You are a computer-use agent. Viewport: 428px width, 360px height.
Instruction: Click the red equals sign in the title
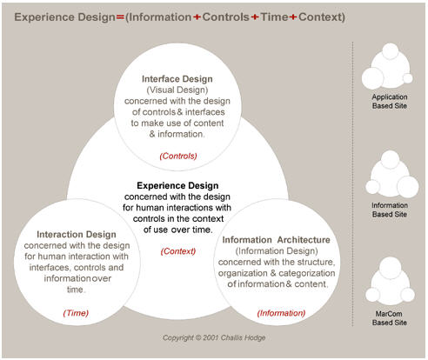coord(120,17)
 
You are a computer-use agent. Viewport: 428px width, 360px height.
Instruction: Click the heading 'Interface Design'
coord(177,79)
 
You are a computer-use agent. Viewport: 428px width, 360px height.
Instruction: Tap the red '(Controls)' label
coord(178,156)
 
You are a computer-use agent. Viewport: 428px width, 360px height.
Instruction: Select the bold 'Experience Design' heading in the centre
coord(177,185)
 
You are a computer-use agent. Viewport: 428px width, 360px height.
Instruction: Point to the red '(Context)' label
coord(178,251)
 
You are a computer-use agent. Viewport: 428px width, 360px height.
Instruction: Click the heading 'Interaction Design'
coord(77,234)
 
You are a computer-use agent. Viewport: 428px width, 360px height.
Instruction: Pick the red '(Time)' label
coord(76,313)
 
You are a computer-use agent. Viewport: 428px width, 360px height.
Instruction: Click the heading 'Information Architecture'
coord(276,240)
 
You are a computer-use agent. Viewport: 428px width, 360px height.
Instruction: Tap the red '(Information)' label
coord(281,313)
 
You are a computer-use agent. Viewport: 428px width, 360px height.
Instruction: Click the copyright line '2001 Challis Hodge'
coord(214,337)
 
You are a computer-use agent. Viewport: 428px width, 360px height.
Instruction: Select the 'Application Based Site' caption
coord(390,102)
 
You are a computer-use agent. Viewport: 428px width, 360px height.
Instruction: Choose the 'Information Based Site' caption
coord(390,210)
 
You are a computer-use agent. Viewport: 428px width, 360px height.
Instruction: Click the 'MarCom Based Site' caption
coord(390,318)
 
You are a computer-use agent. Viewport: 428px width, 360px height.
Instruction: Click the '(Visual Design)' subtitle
coord(177,90)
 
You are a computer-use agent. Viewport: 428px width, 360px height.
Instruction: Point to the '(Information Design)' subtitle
coord(277,251)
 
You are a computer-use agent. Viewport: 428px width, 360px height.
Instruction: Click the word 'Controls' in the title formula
coord(225,17)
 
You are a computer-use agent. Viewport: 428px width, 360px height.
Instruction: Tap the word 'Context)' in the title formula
coord(322,17)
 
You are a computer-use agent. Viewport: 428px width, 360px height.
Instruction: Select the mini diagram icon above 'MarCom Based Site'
coord(390,280)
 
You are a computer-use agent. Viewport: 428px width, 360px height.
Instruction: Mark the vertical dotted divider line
coord(352,184)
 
